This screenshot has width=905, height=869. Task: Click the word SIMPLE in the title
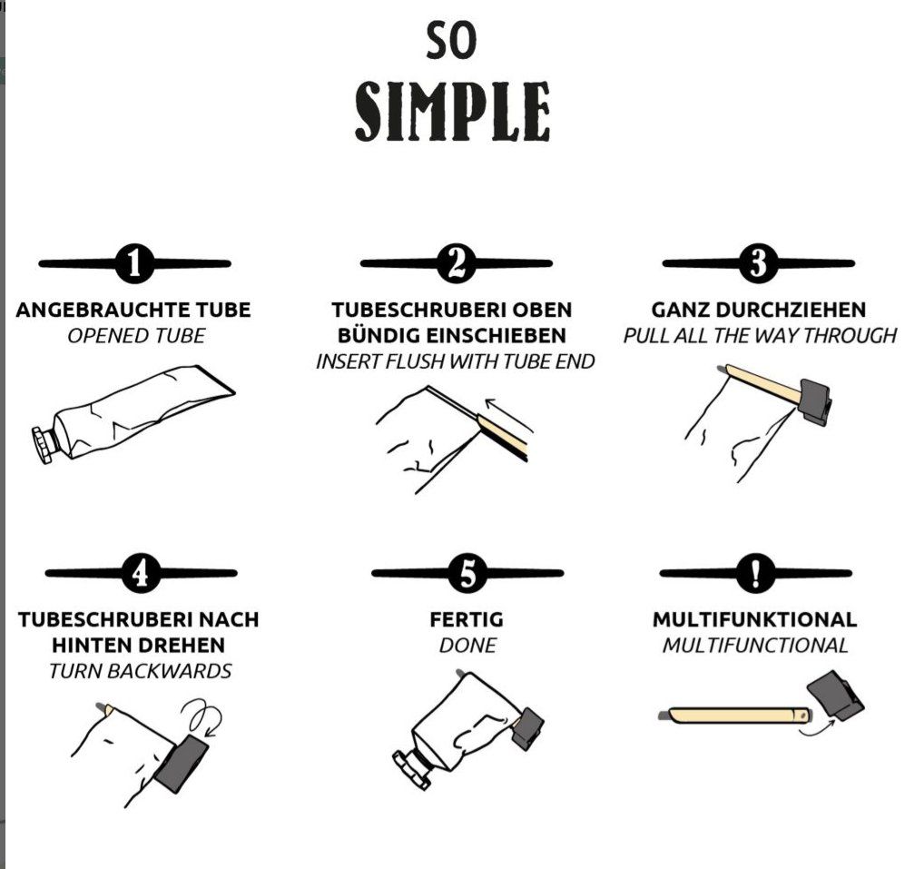[x=452, y=111]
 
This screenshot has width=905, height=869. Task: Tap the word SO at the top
[x=451, y=40]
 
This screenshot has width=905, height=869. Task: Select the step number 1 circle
[x=134, y=263]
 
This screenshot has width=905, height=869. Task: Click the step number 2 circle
[x=456, y=263]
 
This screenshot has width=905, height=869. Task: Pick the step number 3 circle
[x=758, y=263]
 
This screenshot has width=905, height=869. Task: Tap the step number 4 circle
[x=141, y=573]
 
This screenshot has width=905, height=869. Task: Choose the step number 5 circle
[x=467, y=573]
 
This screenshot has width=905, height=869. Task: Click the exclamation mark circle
[x=755, y=573]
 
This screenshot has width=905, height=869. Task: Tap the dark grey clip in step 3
[x=814, y=400]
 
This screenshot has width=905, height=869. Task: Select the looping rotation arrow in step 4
[x=202, y=716]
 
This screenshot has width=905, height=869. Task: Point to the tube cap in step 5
[x=412, y=768]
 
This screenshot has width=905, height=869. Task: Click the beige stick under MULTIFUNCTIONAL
[x=734, y=716]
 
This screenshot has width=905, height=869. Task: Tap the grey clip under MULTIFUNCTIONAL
[x=835, y=695]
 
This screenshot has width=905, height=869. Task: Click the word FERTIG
[x=467, y=619]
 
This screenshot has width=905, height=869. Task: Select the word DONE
[x=467, y=645]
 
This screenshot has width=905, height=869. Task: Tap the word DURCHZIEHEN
[x=791, y=310]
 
